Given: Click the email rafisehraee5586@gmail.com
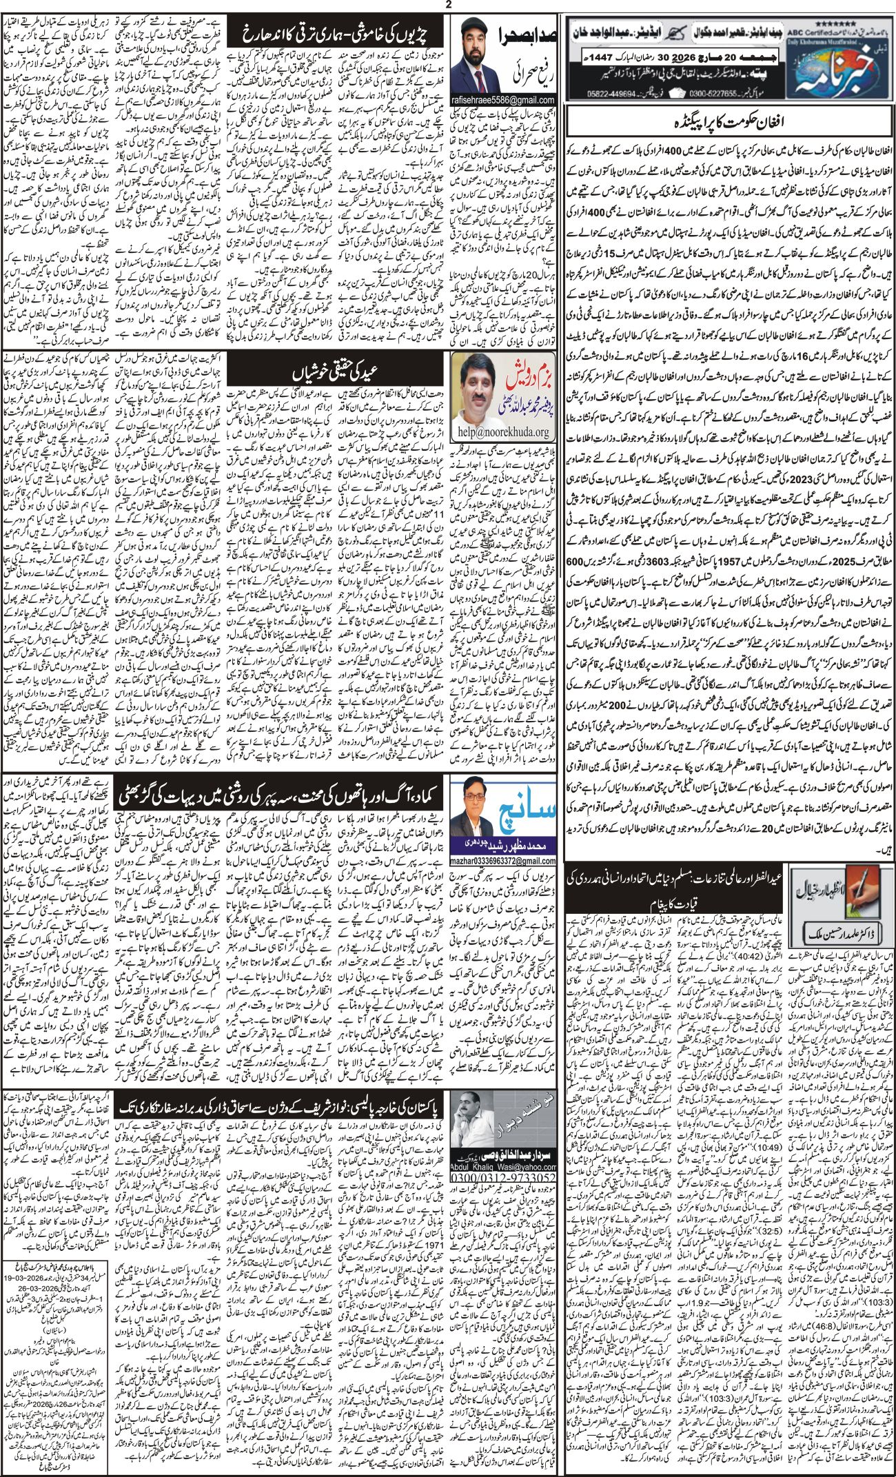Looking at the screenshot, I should point(503,101).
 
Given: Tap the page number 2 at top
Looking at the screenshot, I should point(448,6).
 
